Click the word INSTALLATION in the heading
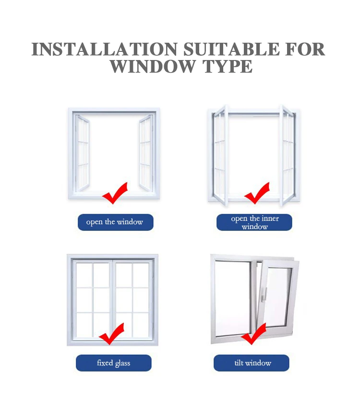[x=104, y=49]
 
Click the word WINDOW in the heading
[x=153, y=67]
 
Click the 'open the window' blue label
[x=115, y=222]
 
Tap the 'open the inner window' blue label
[x=254, y=222]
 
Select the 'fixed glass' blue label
[x=114, y=363]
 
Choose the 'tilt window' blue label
[x=252, y=363]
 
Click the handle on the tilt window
[x=264, y=295]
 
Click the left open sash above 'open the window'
[x=83, y=153]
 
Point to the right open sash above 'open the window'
[x=145, y=153]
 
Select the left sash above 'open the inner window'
[x=219, y=156]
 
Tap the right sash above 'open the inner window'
[x=288, y=156]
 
